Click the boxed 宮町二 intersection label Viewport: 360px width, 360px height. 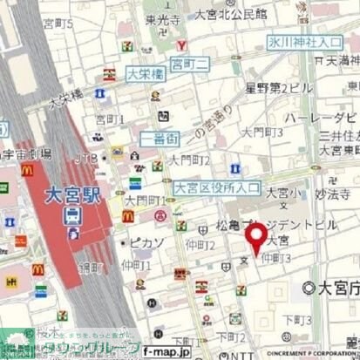[x=189, y=63]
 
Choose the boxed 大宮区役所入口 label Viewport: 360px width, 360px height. [x=216, y=187]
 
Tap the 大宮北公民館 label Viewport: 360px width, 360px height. [x=230, y=15]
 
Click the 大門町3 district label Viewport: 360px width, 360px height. [x=265, y=132]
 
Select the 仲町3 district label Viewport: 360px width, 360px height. [x=276, y=258]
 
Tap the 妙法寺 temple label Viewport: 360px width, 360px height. [x=327, y=196]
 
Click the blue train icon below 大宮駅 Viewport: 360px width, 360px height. [x=73, y=214]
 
